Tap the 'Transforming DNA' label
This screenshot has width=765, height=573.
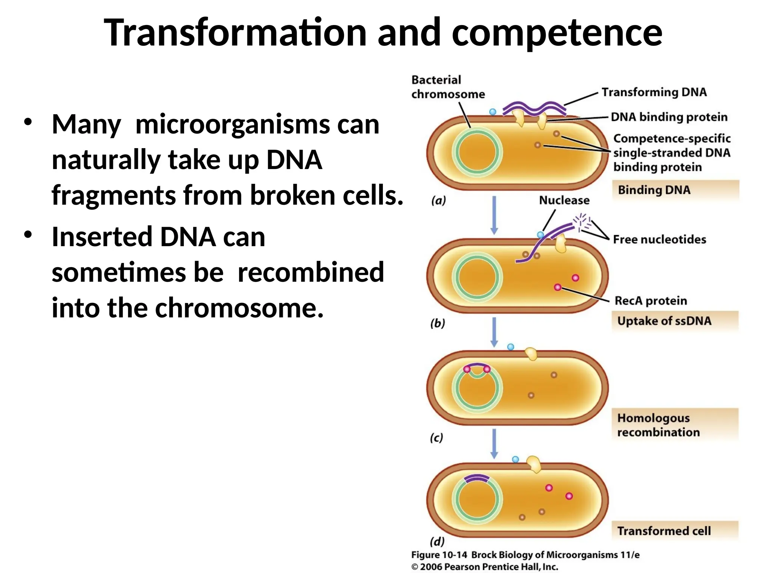point(654,92)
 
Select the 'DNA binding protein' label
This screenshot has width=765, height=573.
point(669,117)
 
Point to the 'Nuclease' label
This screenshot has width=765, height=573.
point(564,200)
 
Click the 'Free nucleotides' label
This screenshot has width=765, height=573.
point(659,239)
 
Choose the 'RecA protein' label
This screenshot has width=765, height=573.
point(651,301)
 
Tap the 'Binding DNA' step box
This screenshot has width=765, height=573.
point(675,190)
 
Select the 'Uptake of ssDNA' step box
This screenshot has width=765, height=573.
point(675,321)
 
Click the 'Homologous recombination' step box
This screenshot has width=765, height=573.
point(675,425)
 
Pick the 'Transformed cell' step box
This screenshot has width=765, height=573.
point(675,531)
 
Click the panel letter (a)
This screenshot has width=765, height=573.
point(439,201)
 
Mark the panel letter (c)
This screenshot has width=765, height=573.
point(436,438)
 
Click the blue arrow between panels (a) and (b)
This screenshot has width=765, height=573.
point(494,215)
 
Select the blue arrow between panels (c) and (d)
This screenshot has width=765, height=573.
point(494,444)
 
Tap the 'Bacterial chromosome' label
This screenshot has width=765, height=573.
point(448,87)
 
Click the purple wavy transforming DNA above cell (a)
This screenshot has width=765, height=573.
point(534,108)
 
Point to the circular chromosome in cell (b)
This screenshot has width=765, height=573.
point(477,277)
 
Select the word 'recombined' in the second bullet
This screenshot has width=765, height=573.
point(311,272)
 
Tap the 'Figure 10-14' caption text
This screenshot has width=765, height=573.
point(439,555)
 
